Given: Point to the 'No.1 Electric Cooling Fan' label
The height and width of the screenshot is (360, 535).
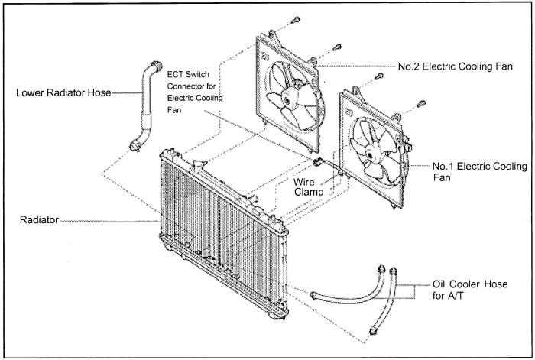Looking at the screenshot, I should click(x=479, y=171).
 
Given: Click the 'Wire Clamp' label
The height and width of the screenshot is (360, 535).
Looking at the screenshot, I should click(x=309, y=188).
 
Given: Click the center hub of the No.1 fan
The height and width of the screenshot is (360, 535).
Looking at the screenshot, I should click(x=374, y=157).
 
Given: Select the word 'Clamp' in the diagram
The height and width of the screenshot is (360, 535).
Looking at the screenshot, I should click(x=309, y=194).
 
